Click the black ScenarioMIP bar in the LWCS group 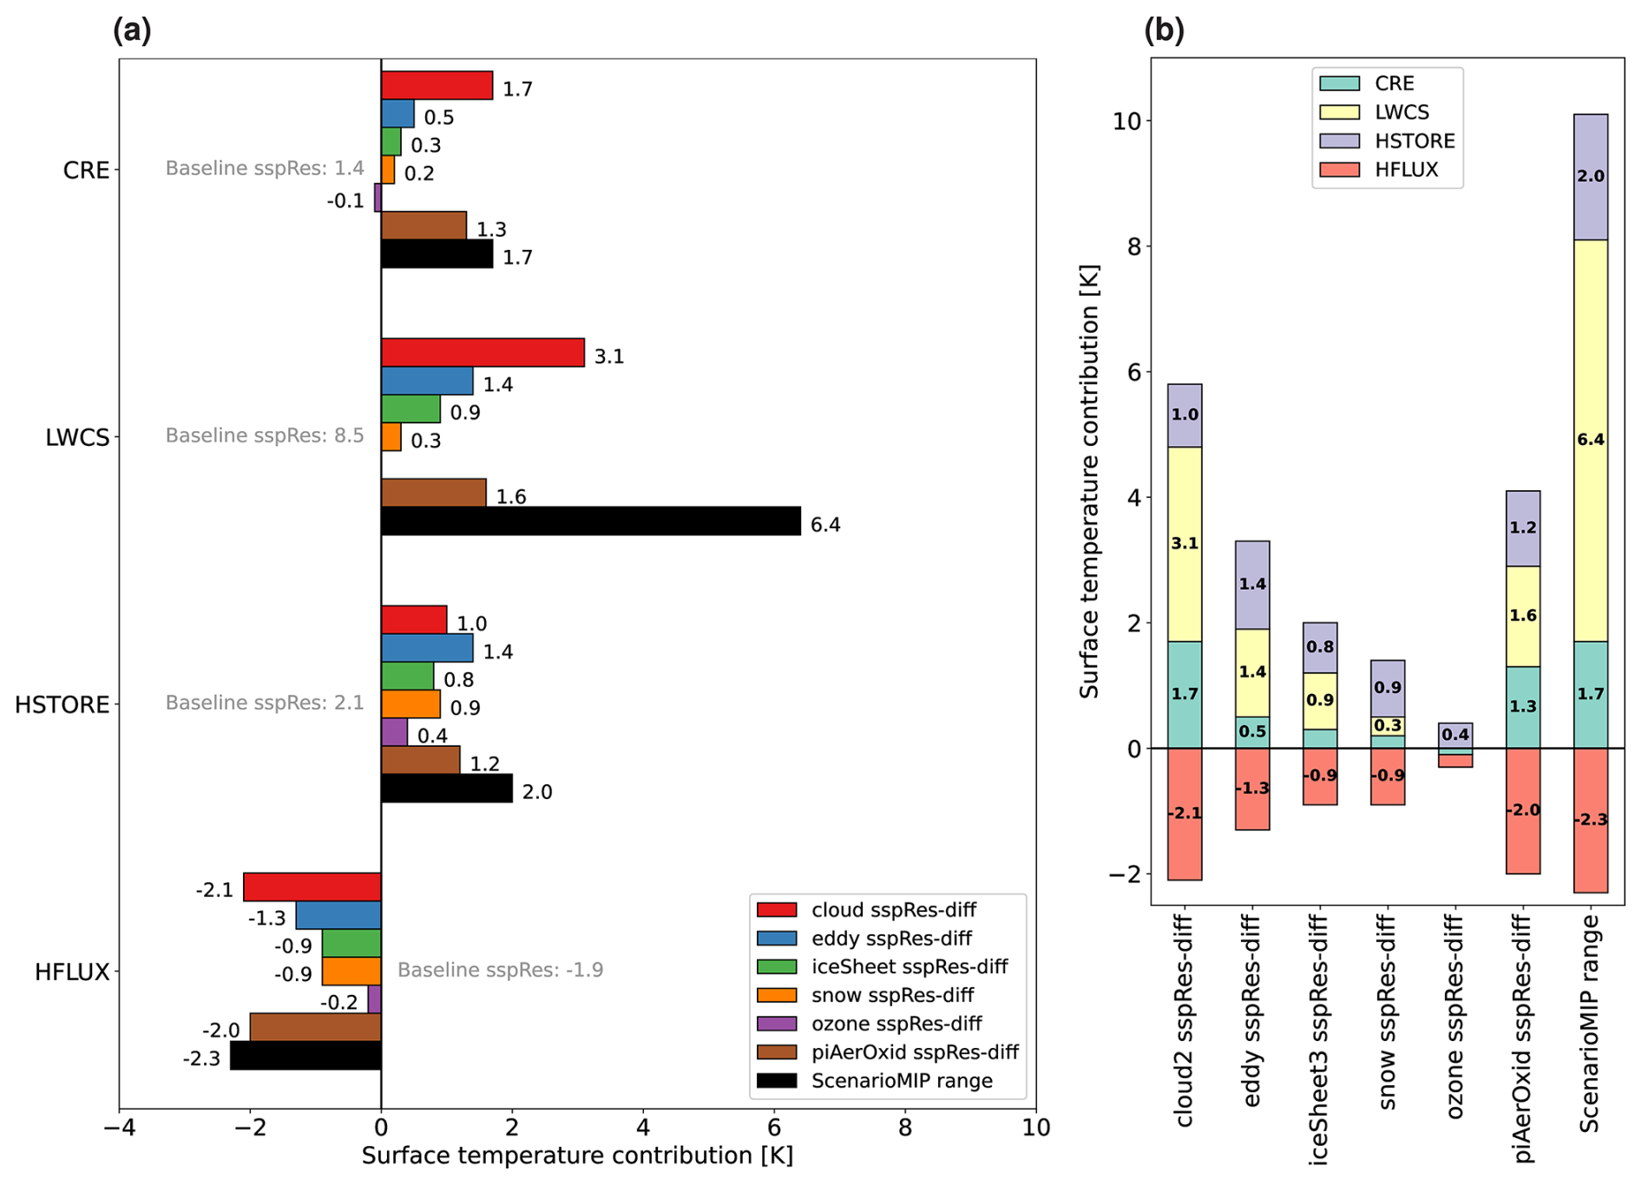tap(590, 520)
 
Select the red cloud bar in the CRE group tap(437, 86)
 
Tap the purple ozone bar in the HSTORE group tap(394, 732)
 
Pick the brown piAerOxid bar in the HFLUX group tap(315, 1027)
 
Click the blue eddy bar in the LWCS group tap(427, 381)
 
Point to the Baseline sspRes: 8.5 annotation tap(265, 435)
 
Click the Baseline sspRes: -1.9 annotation tap(500, 970)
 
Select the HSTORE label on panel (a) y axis tap(62, 704)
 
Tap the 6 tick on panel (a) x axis tap(774, 1128)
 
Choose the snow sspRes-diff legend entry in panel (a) tap(892, 995)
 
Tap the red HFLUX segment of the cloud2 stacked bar tap(1185, 814)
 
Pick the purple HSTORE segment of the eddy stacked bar tap(1252, 585)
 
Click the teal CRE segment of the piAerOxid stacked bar tap(1522, 707)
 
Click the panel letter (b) tap(1164, 31)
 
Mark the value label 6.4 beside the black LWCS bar tap(824, 525)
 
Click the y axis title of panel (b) tap(1089, 481)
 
